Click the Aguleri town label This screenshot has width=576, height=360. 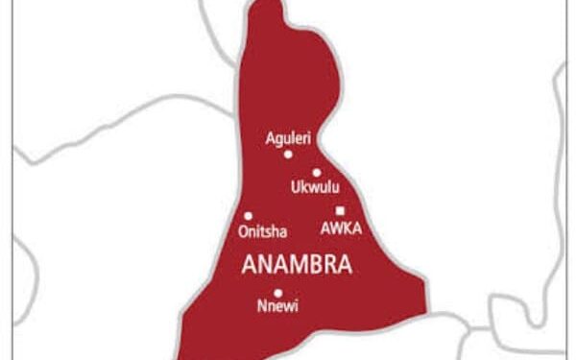[x=288, y=139]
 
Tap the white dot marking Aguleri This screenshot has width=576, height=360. [x=288, y=154]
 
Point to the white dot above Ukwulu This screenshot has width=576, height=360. [x=316, y=173]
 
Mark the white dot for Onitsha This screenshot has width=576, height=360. [x=249, y=216]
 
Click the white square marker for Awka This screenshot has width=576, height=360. [x=340, y=211]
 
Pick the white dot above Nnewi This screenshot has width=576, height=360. [x=277, y=293]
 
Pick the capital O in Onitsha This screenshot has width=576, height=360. [x=240, y=230]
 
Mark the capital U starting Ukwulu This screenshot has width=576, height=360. [x=296, y=188]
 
